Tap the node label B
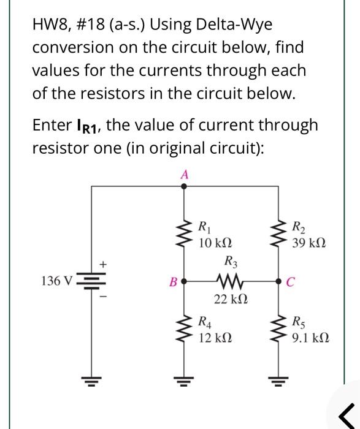(172, 283)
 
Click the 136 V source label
(56, 281)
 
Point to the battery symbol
(91, 282)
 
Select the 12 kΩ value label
(215, 336)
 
